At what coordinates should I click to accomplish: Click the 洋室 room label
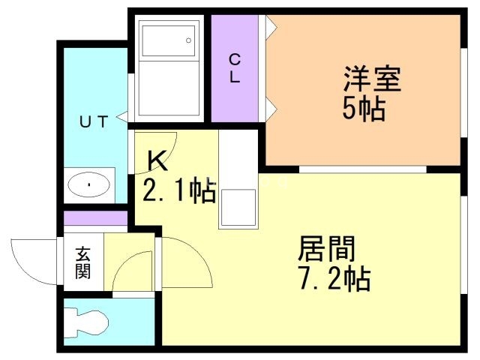click(373, 79)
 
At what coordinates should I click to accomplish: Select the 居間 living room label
click(327, 247)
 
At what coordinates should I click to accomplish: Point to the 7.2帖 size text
click(333, 279)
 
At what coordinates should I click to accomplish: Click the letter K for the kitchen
click(157, 159)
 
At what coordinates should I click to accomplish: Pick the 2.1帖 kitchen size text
click(179, 190)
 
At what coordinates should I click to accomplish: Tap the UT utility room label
click(94, 119)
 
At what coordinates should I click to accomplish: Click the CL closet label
click(235, 68)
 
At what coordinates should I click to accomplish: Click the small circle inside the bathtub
click(189, 39)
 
